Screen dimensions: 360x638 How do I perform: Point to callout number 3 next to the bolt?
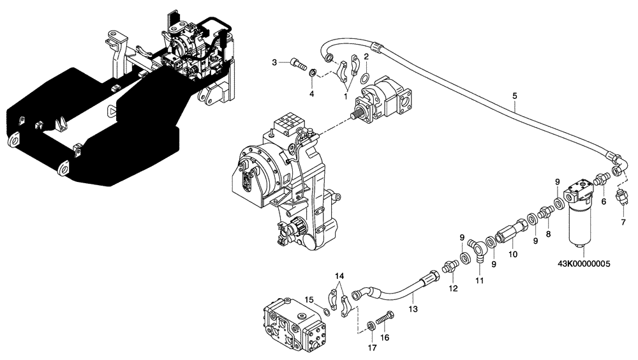tap(274, 62)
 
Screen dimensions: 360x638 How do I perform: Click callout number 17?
tap(372, 348)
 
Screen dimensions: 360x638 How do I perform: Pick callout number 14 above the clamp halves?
tap(339, 275)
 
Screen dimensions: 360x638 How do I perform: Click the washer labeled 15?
tap(325, 311)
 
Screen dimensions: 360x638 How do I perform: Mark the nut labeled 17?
tap(371, 327)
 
